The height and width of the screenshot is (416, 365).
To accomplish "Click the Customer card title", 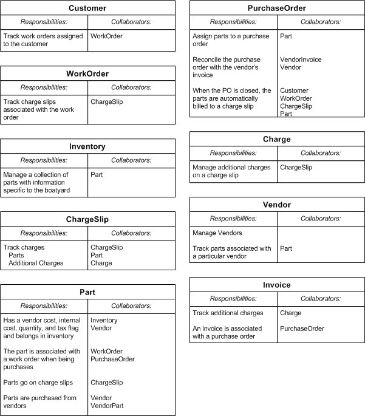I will (87, 9).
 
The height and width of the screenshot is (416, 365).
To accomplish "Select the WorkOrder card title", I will (87, 74).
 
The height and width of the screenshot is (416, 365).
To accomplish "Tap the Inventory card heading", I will (87, 146).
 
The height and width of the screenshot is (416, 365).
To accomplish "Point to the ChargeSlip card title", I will (87, 219).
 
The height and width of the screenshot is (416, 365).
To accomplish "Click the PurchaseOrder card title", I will (277, 9).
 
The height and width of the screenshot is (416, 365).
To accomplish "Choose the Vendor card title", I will (277, 205).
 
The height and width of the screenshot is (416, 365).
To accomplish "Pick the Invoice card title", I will (277, 285).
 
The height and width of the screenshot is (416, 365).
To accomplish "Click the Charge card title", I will (277, 139).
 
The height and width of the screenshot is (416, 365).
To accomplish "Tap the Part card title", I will (87, 292).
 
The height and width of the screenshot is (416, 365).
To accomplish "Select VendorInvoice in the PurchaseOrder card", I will (301, 60).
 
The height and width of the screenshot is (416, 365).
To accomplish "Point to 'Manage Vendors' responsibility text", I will (217, 233).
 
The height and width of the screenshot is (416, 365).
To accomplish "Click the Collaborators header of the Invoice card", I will (321, 299).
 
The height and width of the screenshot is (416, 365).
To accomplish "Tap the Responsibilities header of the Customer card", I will (44, 22).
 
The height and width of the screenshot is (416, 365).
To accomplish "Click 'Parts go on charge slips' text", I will (38, 383).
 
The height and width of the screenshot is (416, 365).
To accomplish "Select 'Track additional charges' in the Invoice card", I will (228, 313).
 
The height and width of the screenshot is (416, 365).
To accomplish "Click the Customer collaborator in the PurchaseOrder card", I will (294, 90).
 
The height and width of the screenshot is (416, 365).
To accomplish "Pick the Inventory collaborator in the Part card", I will (104, 320).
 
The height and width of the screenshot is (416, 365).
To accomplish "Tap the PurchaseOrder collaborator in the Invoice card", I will (302, 329).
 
